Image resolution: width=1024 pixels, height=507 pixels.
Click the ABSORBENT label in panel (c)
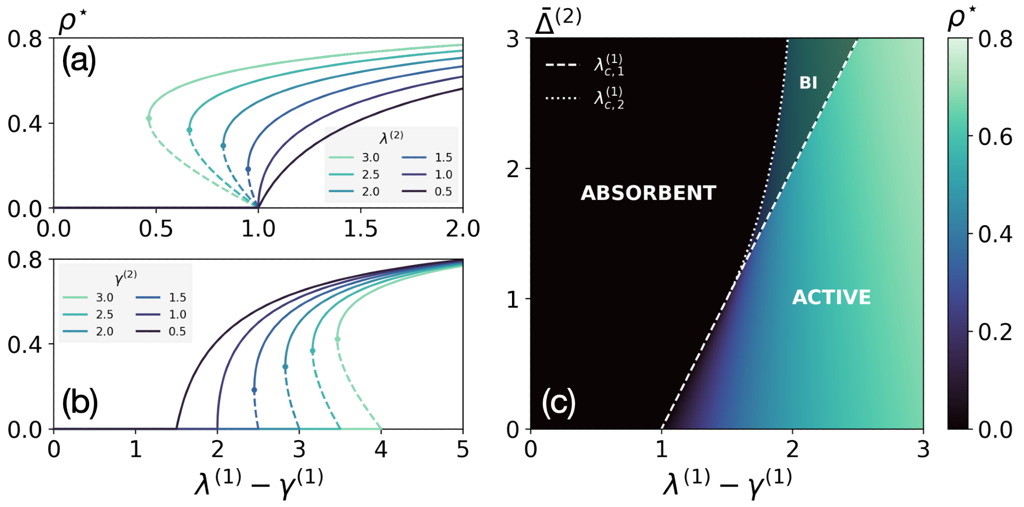tap(648, 193)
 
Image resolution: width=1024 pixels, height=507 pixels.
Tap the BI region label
tap(808, 83)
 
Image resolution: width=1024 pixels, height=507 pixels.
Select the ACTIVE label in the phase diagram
tap(831, 297)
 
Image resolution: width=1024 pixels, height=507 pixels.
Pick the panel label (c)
tap(558, 402)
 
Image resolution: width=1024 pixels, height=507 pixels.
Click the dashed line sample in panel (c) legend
tap(562, 65)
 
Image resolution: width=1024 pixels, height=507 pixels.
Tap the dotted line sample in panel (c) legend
tap(562, 97)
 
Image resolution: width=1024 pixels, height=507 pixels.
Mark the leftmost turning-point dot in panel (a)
tap(149, 119)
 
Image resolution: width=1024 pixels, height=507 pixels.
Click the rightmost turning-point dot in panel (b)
tap(337, 339)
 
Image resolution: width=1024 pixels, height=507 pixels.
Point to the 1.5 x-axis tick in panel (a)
tap(360, 229)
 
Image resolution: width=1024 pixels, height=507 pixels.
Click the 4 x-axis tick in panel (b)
tap(380, 450)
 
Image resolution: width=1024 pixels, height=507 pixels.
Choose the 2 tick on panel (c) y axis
tap(513, 169)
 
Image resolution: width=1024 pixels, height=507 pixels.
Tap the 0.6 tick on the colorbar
tap(995, 137)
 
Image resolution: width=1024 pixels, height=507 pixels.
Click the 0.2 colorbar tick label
tap(995, 333)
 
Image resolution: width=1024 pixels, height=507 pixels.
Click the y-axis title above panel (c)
tap(558, 21)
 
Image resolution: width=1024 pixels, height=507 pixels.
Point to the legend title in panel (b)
tap(125, 277)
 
